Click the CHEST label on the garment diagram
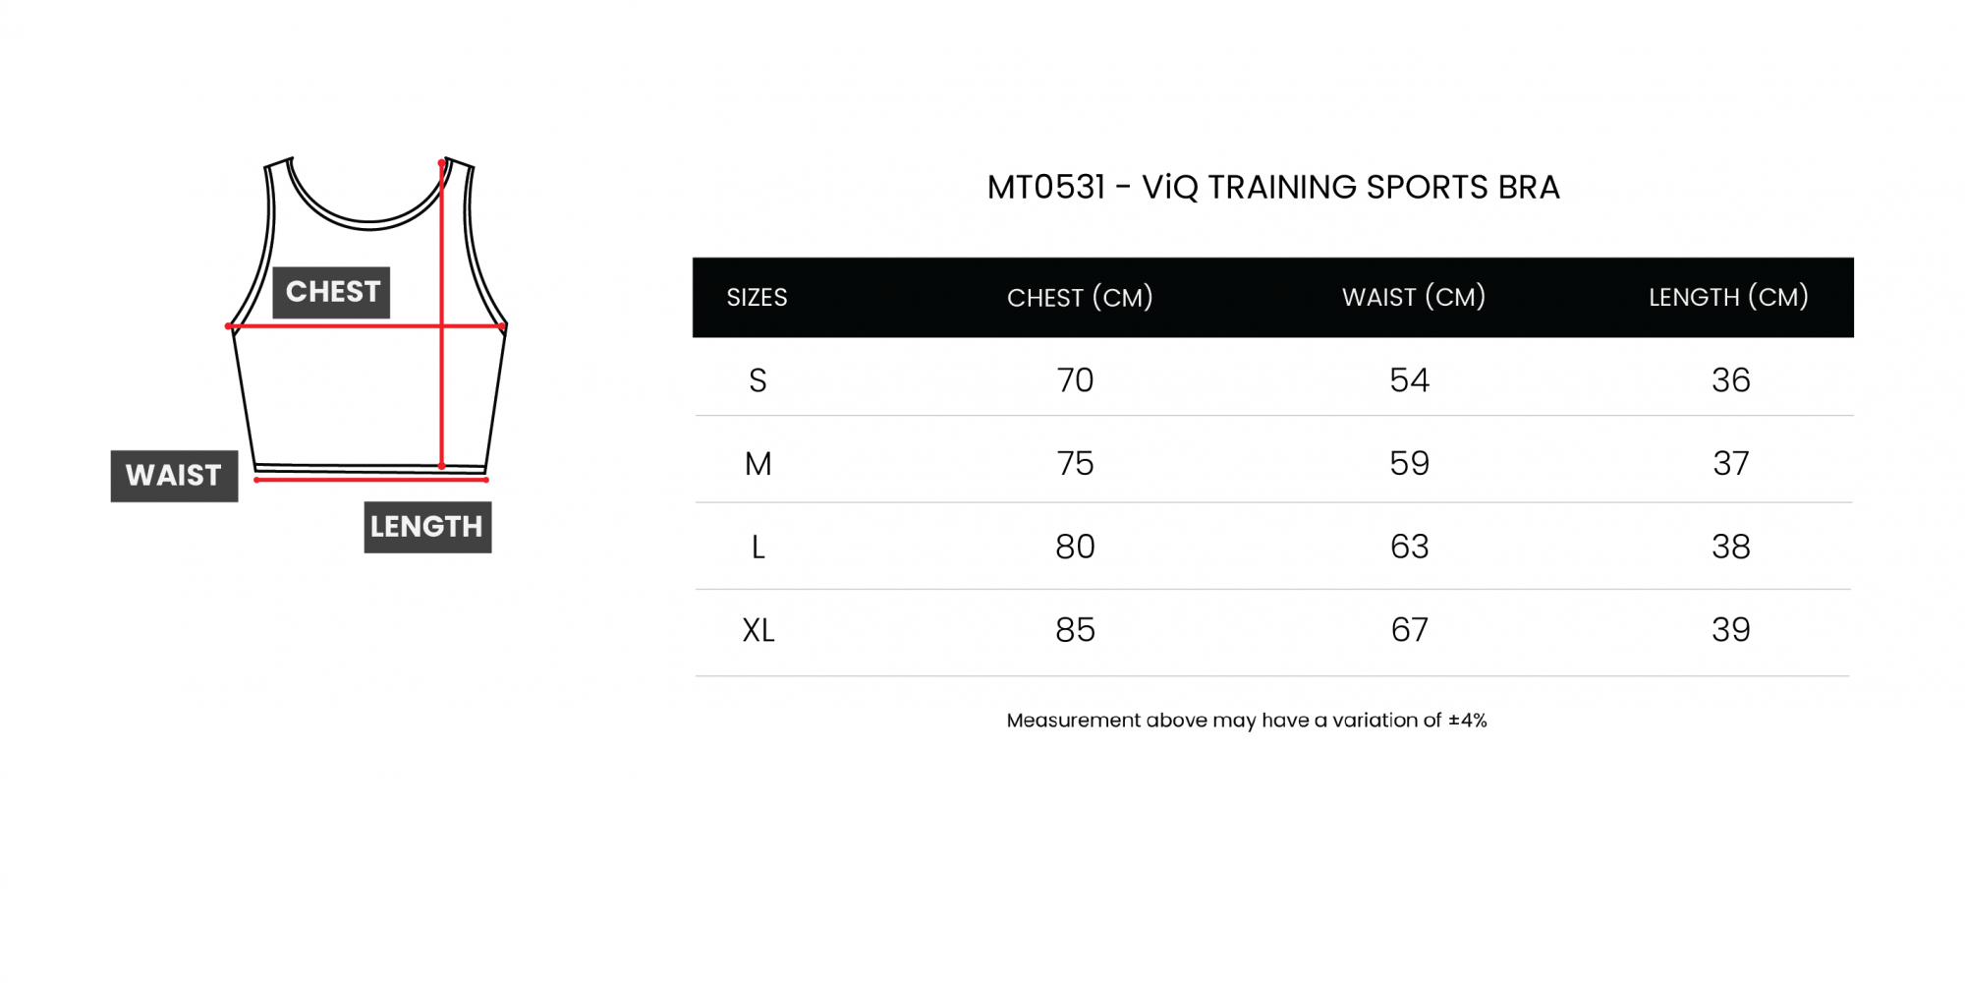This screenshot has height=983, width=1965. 331,292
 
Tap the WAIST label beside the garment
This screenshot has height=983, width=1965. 174,476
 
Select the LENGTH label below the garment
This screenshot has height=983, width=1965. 427,527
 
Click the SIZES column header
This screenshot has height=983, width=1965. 757,297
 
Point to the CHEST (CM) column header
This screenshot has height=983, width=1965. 1080,297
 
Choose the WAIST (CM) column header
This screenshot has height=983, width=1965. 1414,297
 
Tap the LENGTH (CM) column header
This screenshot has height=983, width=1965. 1728,297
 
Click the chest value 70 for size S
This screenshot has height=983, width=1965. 1075,380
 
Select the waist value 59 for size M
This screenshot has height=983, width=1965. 1409,463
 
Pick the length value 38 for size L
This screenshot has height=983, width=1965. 1731,547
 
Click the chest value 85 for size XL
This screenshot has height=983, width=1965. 1075,630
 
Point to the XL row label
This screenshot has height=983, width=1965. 758,630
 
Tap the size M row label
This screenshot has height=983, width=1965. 758,463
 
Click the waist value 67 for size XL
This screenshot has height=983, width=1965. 1409,630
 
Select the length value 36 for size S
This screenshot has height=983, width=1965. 1731,380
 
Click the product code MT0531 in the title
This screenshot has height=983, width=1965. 1046,187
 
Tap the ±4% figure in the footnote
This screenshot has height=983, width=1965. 1468,721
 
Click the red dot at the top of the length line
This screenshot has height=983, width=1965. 441,163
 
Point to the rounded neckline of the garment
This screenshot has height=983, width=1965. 368,223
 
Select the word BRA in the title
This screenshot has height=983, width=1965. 1529,187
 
